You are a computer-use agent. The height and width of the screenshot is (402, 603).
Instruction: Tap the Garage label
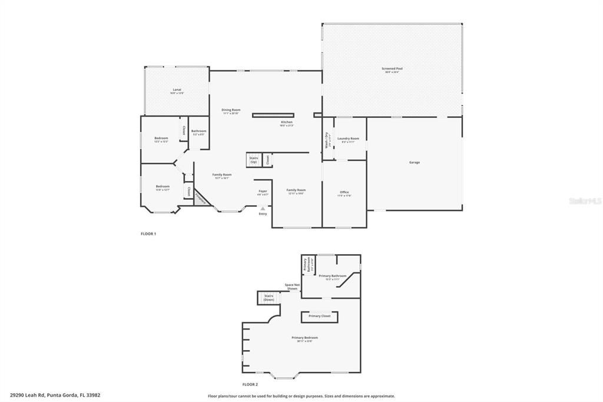[x=415, y=162]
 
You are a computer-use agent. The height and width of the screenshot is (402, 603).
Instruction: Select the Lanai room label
[x=177, y=90]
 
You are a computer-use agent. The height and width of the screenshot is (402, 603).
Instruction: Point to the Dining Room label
[x=231, y=110]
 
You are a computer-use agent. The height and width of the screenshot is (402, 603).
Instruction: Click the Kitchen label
[x=286, y=123]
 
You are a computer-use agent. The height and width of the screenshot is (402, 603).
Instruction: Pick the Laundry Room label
[x=348, y=139]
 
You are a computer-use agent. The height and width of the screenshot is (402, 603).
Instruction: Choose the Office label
[x=344, y=193]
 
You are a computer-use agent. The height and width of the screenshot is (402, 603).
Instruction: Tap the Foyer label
[x=263, y=192]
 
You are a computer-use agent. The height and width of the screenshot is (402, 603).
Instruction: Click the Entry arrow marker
[x=263, y=208]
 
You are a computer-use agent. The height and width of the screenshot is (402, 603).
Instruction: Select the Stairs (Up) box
[x=254, y=160]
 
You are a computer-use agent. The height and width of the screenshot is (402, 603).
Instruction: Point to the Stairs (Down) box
[x=269, y=298]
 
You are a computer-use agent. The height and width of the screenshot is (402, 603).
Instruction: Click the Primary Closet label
[x=320, y=317]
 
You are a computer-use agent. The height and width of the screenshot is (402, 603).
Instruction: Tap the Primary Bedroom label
[x=304, y=338]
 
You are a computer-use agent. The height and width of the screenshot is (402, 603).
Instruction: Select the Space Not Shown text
[x=291, y=287]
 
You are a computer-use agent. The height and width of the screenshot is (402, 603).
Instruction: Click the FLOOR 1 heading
[x=148, y=234]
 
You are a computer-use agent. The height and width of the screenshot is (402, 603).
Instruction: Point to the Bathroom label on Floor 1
[x=198, y=131]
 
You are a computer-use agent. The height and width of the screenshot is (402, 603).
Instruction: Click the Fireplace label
[x=201, y=197]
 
